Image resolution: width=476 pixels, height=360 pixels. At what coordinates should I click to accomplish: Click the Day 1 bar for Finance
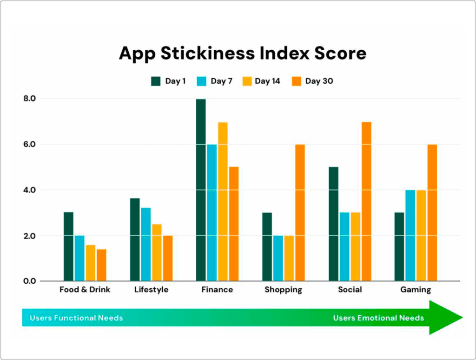click(201, 190)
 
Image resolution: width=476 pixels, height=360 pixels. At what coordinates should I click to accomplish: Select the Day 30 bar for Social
click(366, 201)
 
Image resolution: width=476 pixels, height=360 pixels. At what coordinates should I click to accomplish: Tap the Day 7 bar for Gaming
click(410, 235)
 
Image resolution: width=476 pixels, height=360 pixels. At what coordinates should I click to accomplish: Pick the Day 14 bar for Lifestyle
click(157, 253)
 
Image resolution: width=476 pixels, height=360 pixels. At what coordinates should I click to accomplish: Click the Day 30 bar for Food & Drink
click(101, 265)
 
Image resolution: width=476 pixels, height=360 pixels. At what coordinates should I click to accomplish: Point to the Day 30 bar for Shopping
click(300, 213)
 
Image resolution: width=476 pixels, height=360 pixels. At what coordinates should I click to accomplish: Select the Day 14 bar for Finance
click(223, 202)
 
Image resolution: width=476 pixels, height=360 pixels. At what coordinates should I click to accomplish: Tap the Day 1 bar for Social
click(334, 224)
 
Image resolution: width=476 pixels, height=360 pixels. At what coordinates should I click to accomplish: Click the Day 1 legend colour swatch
click(156, 81)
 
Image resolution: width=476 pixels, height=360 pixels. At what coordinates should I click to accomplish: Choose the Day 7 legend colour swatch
click(202, 81)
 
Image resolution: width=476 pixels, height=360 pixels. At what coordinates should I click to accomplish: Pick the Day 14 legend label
click(267, 81)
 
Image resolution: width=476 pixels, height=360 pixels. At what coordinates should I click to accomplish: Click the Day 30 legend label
click(319, 81)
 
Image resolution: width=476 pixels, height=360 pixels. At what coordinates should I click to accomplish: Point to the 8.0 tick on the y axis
click(29, 99)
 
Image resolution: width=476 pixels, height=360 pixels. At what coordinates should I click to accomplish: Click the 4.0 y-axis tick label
click(29, 190)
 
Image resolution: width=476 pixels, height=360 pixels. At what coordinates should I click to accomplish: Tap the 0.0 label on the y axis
click(29, 281)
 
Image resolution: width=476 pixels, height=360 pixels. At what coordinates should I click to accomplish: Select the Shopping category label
click(283, 289)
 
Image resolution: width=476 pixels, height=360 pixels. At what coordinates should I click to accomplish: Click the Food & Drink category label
click(85, 289)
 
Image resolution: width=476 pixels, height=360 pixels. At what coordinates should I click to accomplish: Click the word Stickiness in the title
click(208, 53)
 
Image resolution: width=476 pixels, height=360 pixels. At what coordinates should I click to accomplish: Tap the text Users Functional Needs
click(76, 318)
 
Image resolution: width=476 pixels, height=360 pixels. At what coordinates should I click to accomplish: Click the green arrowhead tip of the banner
click(463, 318)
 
